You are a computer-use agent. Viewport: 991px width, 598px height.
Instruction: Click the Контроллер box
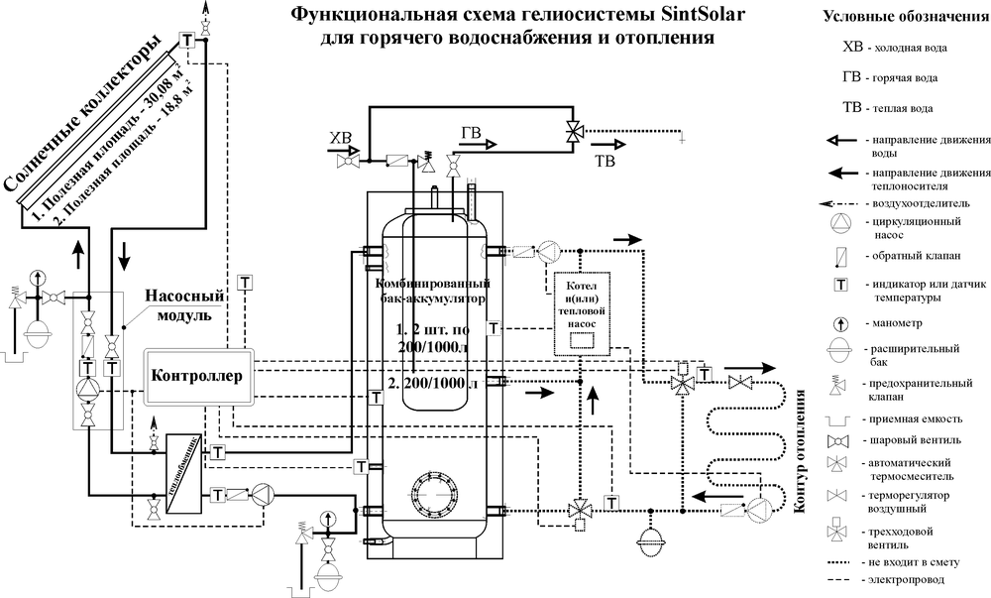(198, 377)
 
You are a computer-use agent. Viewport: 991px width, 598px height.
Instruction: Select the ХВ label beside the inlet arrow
(340, 137)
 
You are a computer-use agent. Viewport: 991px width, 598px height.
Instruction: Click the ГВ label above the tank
(472, 132)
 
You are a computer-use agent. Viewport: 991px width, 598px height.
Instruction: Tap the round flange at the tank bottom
(432, 490)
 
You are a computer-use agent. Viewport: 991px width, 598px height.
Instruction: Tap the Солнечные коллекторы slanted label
(85, 116)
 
